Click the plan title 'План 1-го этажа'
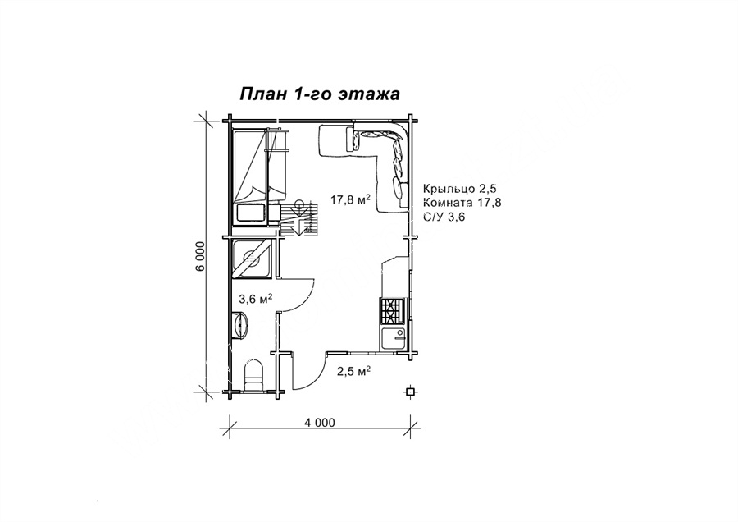(320, 94)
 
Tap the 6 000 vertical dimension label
(201, 257)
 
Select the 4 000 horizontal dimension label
(320, 422)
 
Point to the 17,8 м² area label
(351, 199)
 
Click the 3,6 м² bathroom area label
(257, 299)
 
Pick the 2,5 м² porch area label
(353, 371)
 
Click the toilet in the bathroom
(254, 374)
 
